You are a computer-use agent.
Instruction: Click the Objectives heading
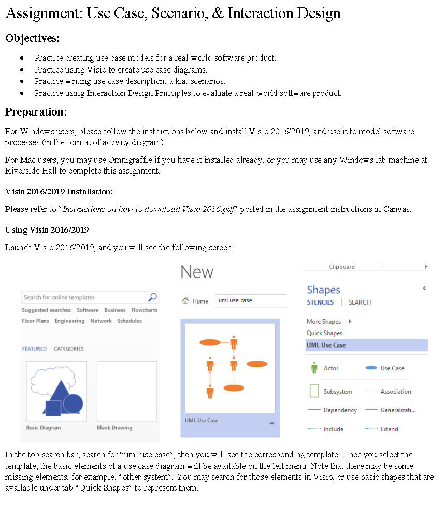point(32,38)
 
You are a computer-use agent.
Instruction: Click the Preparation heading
point(36,112)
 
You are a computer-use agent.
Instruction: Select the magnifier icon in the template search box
point(152,297)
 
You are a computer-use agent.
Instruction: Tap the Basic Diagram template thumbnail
point(56,391)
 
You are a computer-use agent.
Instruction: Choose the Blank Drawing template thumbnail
point(126,391)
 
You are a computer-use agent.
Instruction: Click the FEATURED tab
point(34,349)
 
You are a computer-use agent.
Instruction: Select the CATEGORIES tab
point(68,349)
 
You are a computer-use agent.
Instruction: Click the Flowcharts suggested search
point(144,310)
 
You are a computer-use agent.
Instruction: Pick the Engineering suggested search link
point(69,321)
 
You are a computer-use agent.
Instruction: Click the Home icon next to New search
point(185,301)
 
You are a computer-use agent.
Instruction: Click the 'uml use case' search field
point(251,301)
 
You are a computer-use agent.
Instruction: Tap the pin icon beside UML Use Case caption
point(271,423)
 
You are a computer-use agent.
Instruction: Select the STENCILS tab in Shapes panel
point(320,302)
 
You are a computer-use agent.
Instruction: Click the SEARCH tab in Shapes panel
point(359,302)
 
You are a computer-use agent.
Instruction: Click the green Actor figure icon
point(314,368)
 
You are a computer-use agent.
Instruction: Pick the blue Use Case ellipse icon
point(371,368)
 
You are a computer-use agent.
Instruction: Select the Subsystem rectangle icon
point(314,391)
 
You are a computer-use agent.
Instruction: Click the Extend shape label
point(389,429)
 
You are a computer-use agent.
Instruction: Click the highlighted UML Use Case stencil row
point(366,345)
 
